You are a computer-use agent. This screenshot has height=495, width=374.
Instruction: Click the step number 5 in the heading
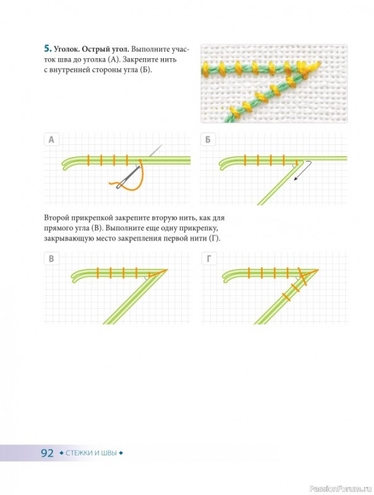click(x=48, y=49)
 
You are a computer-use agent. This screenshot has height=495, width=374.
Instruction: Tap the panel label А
click(x=51, y=139)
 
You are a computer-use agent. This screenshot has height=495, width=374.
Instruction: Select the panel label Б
click(x=208, y=139)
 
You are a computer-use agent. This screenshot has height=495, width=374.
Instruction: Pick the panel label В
click(x=51, y=259)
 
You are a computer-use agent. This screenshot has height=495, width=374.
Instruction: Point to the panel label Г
click(x=209, y=259)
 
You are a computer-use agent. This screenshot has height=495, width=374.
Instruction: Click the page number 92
click(x=48, y=453)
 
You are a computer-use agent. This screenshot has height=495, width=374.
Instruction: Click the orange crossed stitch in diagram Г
click(x=303, y=276)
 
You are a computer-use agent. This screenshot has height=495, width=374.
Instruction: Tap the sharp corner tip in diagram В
click(x=167, y=270)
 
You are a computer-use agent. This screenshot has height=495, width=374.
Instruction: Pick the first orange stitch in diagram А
click(x=88, y=160)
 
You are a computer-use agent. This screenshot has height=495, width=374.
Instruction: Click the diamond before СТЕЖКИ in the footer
click(x=61, y=454)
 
